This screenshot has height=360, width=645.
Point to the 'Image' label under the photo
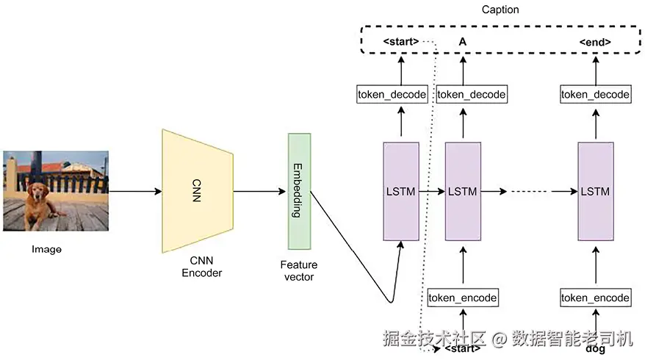[46, 250]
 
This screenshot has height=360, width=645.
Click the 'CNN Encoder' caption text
[201, 267]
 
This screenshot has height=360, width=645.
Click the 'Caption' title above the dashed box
[500, 10]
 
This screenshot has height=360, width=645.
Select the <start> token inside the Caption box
[401, 42]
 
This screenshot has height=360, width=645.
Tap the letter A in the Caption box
[463, 42]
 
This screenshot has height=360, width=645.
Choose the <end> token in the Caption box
[595, 42]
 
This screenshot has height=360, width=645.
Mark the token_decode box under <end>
[595, 94]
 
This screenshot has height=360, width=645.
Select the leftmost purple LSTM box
[400, 192]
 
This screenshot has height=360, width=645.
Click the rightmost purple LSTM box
[595, 192]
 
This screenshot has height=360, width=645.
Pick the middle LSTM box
[462, 192]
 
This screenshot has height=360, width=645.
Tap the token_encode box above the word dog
[595, 298]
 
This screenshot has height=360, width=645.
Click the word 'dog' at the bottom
[595, 348]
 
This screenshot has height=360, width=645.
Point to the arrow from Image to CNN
[135, 192]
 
